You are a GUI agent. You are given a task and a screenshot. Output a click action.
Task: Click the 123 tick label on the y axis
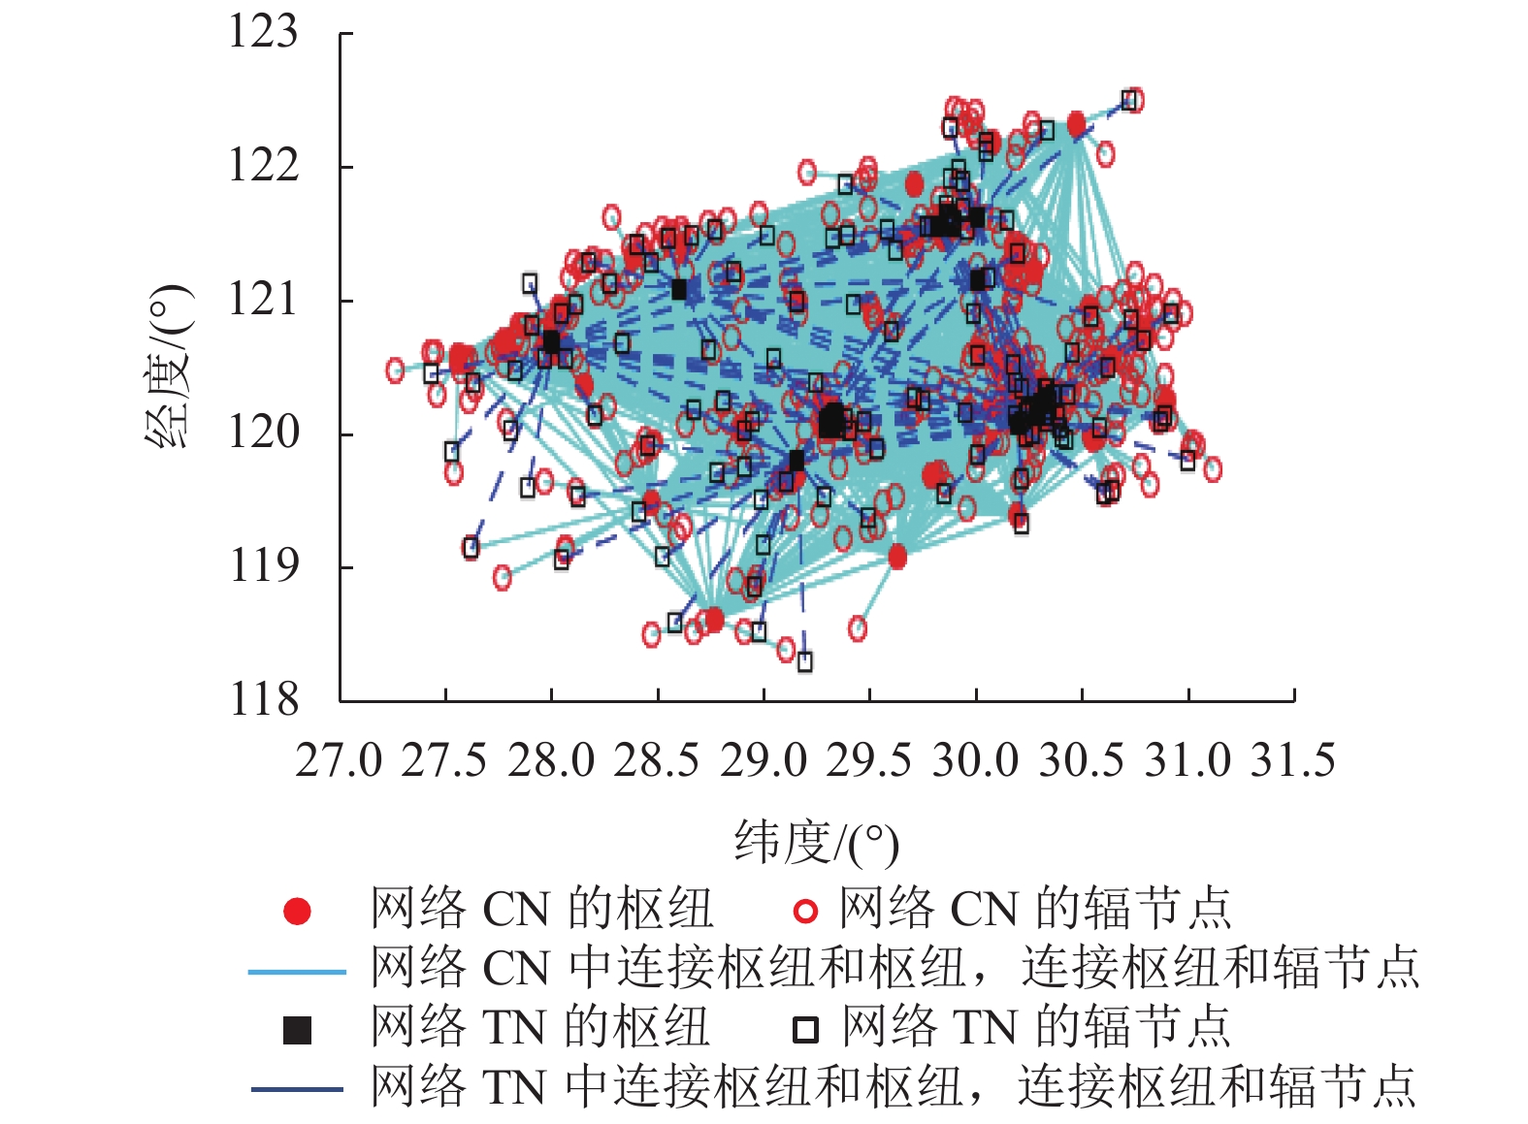[262, 32]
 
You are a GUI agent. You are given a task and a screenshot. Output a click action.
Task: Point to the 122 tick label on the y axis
[262, 166]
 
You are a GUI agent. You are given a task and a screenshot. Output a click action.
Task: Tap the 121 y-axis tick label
[262, 300]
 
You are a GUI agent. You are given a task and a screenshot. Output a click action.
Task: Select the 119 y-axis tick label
[262, 565]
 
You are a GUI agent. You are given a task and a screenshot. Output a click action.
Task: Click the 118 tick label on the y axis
[262, 699]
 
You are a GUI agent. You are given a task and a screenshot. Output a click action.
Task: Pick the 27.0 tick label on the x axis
[339, 761]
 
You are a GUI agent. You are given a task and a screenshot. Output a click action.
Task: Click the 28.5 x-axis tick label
[657, 761]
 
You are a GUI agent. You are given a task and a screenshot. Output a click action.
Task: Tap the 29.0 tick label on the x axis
[764, 761]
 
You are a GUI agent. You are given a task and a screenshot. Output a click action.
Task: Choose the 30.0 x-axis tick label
[975, 761]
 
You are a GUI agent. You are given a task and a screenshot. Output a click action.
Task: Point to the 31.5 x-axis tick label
[1293, 761]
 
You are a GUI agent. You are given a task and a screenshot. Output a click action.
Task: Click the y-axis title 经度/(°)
[169, 366]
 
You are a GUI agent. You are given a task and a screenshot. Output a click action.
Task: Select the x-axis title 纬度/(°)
[816, 844]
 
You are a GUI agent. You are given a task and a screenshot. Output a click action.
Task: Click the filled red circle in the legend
[297, 912]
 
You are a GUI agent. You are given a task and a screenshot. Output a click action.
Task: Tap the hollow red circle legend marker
[805, 912]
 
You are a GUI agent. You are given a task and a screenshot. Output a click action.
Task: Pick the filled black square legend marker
[297, 1030]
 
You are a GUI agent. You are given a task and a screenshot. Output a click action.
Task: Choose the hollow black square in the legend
[805, 1030]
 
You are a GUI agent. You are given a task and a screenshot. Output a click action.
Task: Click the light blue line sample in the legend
[297, 971]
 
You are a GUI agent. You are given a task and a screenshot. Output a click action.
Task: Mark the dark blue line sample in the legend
[297, 1089]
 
